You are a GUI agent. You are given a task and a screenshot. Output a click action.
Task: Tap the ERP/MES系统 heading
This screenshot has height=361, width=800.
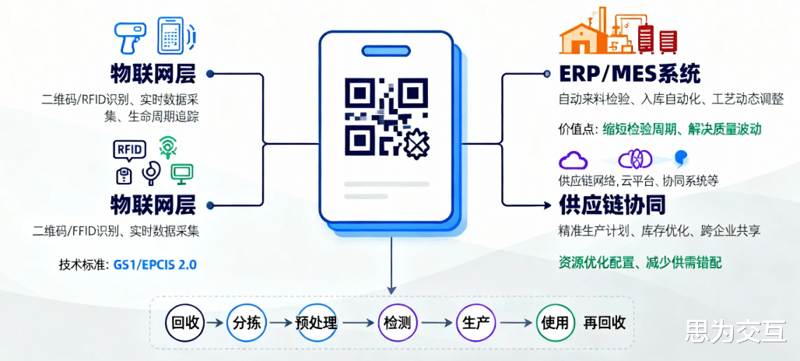pos(630,74)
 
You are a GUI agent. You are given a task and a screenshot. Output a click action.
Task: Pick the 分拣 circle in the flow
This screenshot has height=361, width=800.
pos(246,322)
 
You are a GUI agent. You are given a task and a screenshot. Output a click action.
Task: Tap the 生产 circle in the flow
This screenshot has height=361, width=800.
pos(475,322)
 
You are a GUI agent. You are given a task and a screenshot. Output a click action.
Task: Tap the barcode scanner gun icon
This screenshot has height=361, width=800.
pos(128,36)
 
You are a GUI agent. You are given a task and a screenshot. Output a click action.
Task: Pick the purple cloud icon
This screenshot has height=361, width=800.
pos(572,159)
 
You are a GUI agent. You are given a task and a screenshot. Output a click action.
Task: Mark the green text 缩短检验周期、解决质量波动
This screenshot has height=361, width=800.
pos(681,128)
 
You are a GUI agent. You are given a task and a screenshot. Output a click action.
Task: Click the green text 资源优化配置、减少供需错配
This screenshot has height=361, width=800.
pos(640,262)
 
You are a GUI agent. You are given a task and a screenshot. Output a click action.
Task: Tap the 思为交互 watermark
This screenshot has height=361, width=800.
pos(735,334)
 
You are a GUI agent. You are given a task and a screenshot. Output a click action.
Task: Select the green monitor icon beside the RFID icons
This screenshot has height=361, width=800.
pos(183,173)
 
